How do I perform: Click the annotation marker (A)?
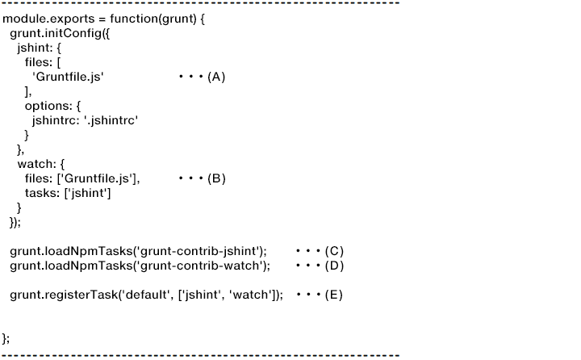click(216, 77)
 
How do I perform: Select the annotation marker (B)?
click(216, 178)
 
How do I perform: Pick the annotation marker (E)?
click(334, 295)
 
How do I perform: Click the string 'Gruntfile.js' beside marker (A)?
click(69, 77)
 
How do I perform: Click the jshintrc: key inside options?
click(55, 120)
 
